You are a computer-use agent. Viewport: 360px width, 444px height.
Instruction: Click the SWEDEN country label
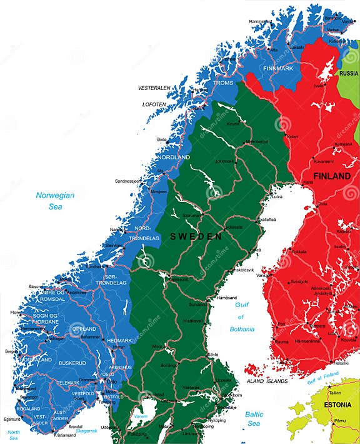coord(196,236)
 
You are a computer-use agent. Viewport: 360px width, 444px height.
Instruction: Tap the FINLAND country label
coord(331,176)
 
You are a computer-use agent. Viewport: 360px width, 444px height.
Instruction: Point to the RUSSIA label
coord(348,73)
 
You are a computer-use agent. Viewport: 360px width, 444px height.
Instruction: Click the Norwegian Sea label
coord(55,201)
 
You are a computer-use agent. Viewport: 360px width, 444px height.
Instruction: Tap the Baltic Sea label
coord(254,419)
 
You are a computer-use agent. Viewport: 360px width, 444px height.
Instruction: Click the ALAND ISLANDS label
coord(267,381)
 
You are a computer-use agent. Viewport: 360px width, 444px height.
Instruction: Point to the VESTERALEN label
coord(154,88)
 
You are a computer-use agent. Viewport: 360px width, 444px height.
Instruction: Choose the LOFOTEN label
coord(154,104)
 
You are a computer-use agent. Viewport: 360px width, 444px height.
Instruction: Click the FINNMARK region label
coord(277,68)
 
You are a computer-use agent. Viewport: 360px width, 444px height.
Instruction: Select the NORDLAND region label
coord(173,157)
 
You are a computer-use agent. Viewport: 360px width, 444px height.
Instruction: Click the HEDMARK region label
coord(120,340)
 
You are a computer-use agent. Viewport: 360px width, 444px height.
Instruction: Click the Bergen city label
coord(12,351)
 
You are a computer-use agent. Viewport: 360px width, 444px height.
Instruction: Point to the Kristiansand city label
coord(69,434)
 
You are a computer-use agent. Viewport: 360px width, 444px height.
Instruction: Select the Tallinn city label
coord(336,393)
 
